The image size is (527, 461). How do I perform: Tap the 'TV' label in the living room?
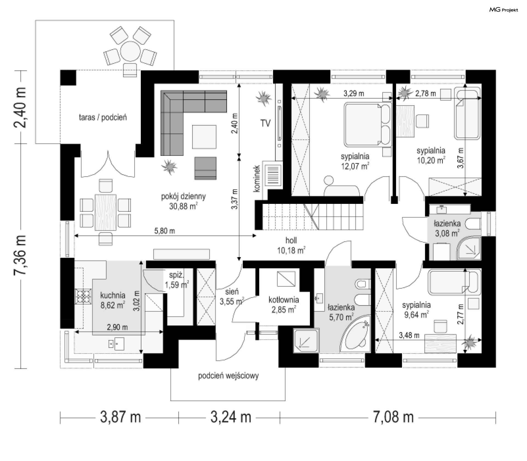[x=265, y=123]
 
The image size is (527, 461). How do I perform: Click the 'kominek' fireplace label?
[x=257, y=178]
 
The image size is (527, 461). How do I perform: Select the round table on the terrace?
[x=130, y=52]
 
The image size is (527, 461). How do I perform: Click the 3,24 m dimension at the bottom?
[x=231, y=417]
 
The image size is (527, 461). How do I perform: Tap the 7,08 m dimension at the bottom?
[x=393, y=417]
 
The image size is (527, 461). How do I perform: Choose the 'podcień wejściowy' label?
[x=228, y=376]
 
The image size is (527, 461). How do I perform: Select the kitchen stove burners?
[x=83, y=296]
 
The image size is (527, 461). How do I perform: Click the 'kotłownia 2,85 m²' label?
[x=284, y=305]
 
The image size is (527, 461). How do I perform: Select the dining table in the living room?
[x=105, y=212]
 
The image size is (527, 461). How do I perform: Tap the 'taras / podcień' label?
[x=103, y=117]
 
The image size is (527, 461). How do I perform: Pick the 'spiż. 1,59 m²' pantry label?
[x=176, y=280]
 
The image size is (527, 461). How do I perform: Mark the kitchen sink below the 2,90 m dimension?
[x=116, y=344]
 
